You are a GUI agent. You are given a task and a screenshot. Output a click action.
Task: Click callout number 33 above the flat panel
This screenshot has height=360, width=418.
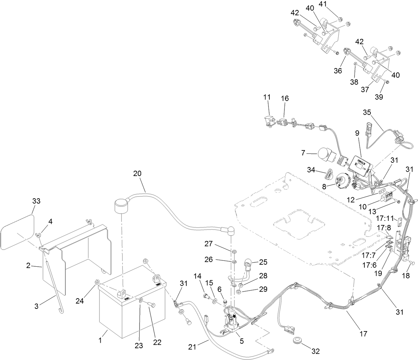tap(36, 201)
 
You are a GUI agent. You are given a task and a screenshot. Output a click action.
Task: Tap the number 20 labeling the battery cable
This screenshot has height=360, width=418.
tap(137, 173)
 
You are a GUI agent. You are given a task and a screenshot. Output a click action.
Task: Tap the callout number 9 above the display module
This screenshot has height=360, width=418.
tap(357, 133)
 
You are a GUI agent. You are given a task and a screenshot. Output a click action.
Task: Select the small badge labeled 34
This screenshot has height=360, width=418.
tap(329, 173)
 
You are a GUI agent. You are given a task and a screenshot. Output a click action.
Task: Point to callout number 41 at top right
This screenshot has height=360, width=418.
tap(323, 4)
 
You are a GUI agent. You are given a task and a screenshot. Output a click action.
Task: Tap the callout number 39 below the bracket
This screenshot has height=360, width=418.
tap(379, 97)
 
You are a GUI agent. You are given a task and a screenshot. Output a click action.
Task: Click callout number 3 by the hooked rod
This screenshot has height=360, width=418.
tap(37, 306)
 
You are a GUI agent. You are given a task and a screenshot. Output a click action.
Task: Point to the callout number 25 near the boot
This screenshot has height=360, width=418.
tap(263, 262)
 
